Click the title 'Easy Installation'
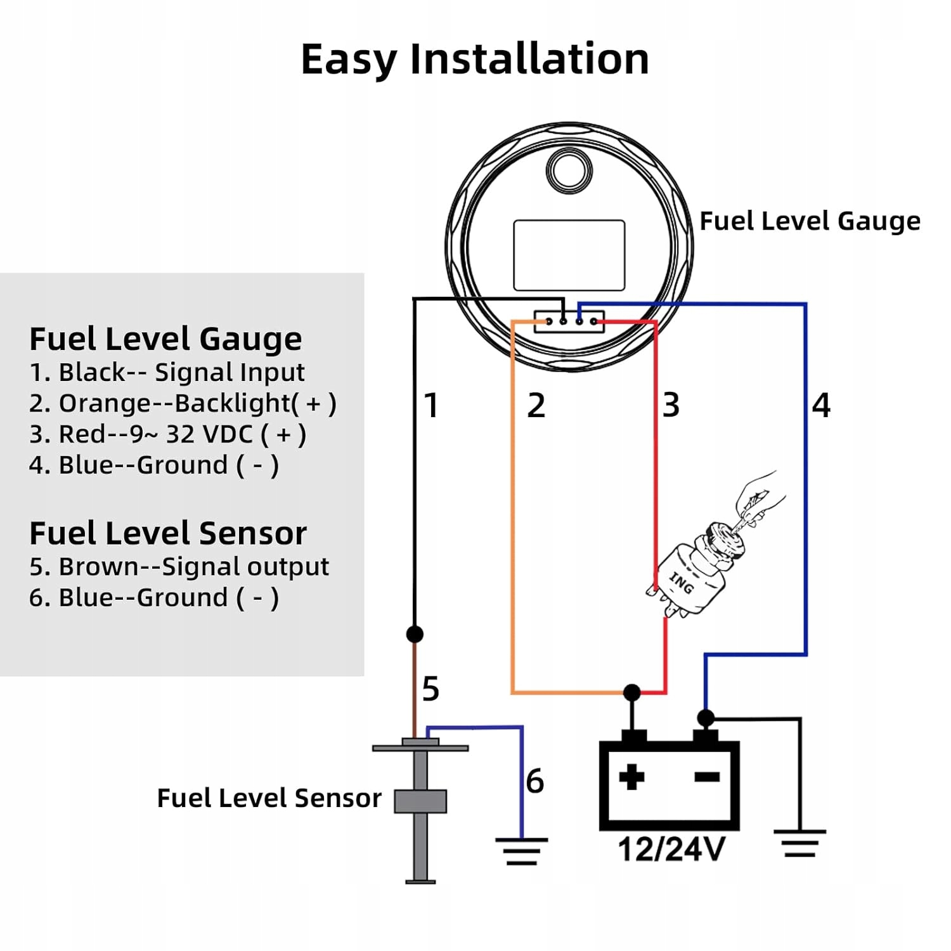[475, 60]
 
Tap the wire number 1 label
[432, 405]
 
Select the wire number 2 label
[536, 405]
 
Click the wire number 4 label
[822, 405]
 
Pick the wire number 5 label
[430, 689]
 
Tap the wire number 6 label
[535, 780]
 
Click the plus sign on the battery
[631, 777]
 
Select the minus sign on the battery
[708, 777]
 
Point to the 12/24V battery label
[671, 850]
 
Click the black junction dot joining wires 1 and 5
[415, 634]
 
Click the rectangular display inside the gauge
[569, 256]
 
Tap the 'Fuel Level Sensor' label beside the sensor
[269, 798]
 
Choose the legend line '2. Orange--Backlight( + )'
[183, 404]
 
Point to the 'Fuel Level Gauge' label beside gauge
[810, 222]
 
